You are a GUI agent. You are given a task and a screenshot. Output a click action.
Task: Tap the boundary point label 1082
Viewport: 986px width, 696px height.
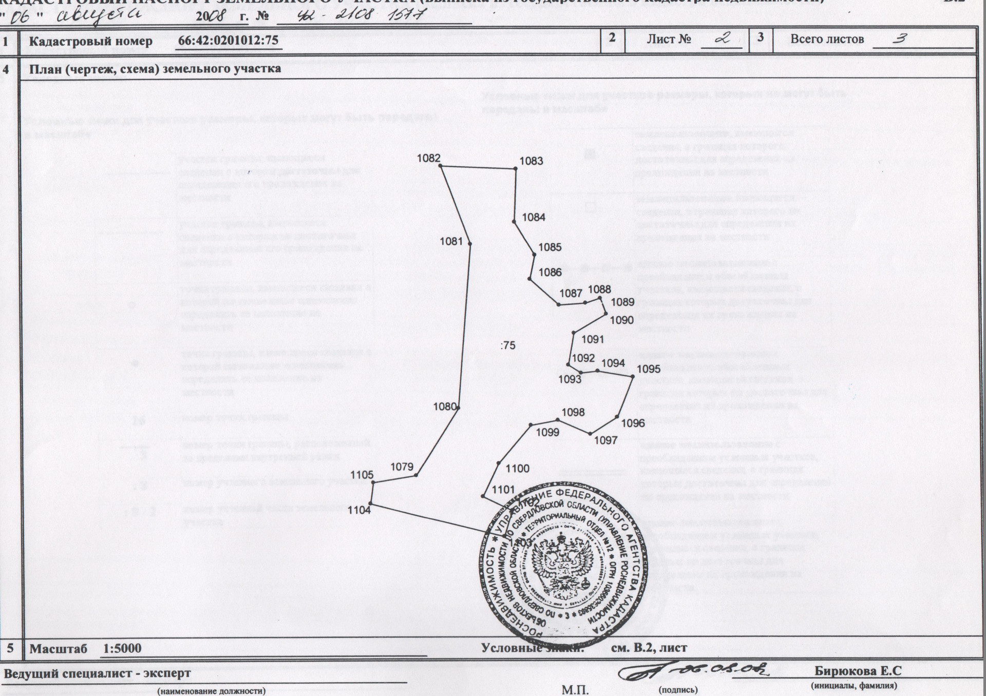point(429,158)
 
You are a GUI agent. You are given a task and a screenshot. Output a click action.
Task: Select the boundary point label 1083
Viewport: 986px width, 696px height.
point(531,161)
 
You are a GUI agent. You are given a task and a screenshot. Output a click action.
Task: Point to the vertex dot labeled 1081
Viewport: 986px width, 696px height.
point(470,244)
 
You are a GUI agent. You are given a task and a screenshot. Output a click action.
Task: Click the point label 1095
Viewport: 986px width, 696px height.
point(649,369)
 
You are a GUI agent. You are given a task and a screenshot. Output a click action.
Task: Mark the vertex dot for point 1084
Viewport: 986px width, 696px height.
point(514,222)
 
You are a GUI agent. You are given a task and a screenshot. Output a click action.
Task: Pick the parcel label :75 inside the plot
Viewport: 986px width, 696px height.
point(507,345)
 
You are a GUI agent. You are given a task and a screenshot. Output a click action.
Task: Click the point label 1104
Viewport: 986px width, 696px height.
point(359,510)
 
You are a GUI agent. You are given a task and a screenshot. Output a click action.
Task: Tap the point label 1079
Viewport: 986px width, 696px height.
point(402,467)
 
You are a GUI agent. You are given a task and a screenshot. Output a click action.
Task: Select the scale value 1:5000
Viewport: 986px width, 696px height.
point(122,648)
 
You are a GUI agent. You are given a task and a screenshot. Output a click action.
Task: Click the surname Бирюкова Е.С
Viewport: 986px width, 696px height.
point(858,671)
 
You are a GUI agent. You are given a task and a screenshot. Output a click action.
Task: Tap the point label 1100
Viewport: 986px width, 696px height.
point(517,468)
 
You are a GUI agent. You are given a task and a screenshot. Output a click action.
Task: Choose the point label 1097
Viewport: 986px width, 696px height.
point(605,440)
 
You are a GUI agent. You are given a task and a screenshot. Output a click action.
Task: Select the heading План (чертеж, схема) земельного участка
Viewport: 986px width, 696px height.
point(155,69)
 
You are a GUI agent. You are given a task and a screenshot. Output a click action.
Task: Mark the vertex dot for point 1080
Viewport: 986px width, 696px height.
point(458,408)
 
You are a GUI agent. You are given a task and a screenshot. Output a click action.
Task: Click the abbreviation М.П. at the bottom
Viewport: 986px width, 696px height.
point(575,690)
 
